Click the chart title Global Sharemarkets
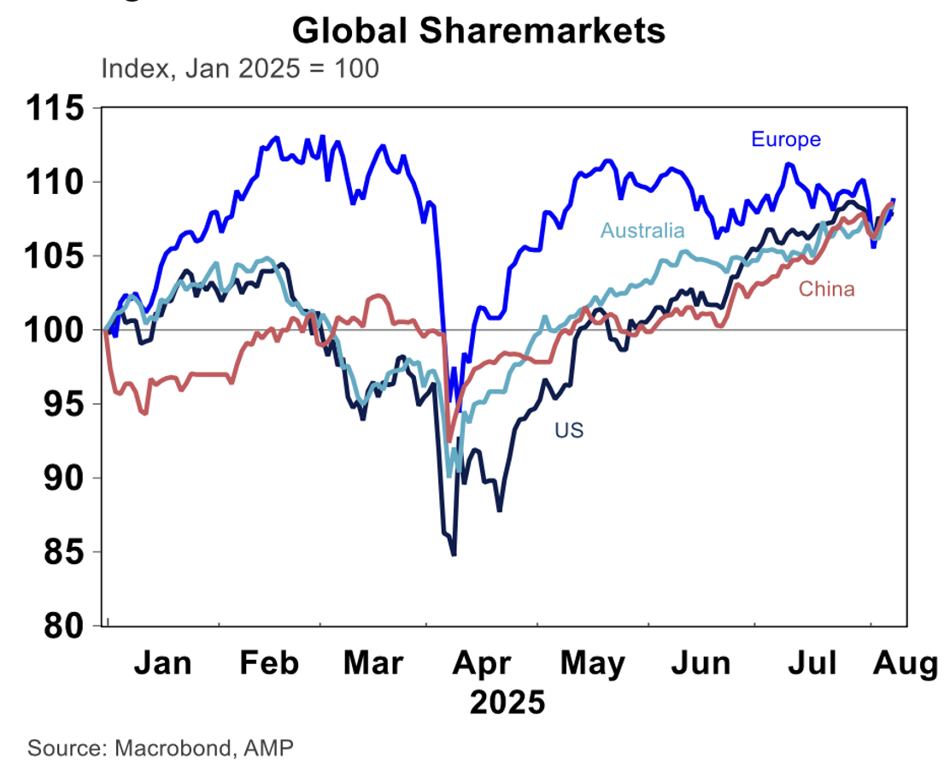(x=478, y=31)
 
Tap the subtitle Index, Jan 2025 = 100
(x=239, y=68)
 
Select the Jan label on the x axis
(x=163, y=663)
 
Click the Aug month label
(x=904, y=663)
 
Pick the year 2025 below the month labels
(x=507, y=703)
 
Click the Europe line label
(x=785, y=139)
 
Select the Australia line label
(x=642, y=231)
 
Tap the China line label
(x=826, y=289)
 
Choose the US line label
(x=569, y=431)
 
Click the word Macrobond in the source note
(x=168, y=749)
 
